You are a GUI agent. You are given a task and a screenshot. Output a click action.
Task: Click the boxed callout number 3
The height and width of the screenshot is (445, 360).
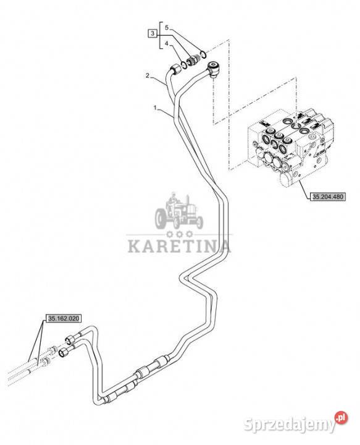(153, 33)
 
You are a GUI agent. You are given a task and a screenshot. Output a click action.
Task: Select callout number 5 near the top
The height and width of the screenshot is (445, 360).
(167, 28)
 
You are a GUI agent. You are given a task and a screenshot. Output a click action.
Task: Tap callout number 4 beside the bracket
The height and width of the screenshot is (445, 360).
(167, 44)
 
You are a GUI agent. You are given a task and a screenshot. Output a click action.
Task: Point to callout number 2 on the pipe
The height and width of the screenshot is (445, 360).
(148, 75)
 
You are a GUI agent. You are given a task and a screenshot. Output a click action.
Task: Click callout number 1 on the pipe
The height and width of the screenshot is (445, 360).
(155, 108)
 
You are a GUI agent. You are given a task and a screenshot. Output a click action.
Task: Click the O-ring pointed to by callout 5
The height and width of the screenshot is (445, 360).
(203, 53)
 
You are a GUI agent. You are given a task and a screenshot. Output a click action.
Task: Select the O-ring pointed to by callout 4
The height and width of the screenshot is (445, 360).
(183, 66)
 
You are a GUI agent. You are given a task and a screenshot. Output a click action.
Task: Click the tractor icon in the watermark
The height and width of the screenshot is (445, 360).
(179, 211)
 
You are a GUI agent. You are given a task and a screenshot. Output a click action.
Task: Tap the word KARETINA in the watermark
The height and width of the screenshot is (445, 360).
(179, 246)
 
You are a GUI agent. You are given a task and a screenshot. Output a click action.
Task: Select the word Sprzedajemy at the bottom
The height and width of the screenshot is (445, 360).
(290, 425)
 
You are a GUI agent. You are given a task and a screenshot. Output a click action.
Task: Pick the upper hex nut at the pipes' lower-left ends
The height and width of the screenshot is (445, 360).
(69, 339)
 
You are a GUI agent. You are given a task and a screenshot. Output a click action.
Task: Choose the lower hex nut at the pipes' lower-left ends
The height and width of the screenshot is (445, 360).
(64, 352)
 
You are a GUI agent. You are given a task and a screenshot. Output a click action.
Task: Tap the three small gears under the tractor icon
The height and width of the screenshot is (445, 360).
(179, 234)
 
